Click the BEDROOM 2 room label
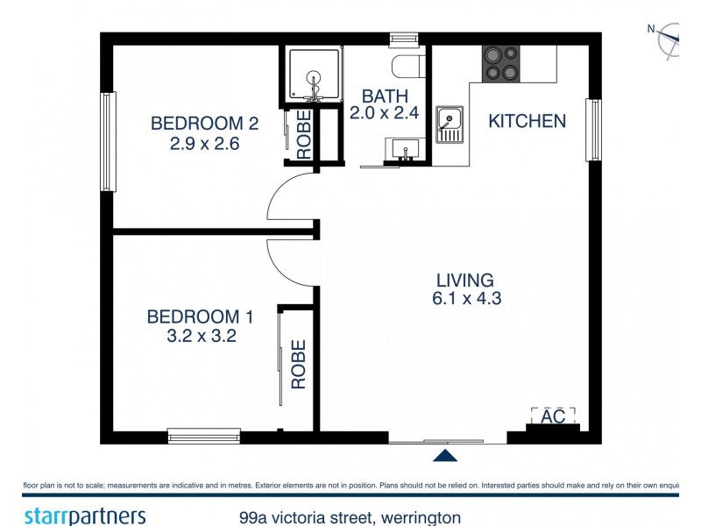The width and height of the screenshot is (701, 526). pos(204,122)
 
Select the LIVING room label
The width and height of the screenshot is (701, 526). pos(464,281)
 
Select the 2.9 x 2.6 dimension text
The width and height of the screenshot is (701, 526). pos(204,141)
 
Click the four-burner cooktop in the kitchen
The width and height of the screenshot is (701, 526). pos(502,63)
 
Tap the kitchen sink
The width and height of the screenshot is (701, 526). pos(450,124)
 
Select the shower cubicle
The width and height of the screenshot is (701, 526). pos(314,75)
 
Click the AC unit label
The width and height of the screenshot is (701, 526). pos(553,417)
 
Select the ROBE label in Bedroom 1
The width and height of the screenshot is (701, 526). pos(299,365)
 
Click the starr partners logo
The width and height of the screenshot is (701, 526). pos(84,515)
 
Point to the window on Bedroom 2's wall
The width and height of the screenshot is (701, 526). pos(108,142)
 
